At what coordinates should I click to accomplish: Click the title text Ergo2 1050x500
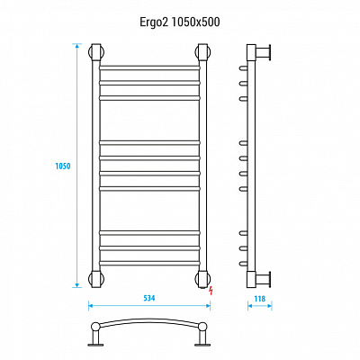(180, 22)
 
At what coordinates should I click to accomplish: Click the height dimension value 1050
(63, 166)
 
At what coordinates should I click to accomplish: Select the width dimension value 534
(149, 298)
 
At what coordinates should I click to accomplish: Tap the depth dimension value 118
(260, 299)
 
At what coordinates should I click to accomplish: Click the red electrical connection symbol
(211, 290)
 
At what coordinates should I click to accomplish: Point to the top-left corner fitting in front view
(96, 52)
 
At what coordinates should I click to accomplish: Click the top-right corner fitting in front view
(202, 52)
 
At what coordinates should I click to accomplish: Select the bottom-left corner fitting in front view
(96, 279)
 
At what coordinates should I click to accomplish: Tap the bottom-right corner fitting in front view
(202, 279)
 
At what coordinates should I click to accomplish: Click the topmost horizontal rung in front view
(149, 67)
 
